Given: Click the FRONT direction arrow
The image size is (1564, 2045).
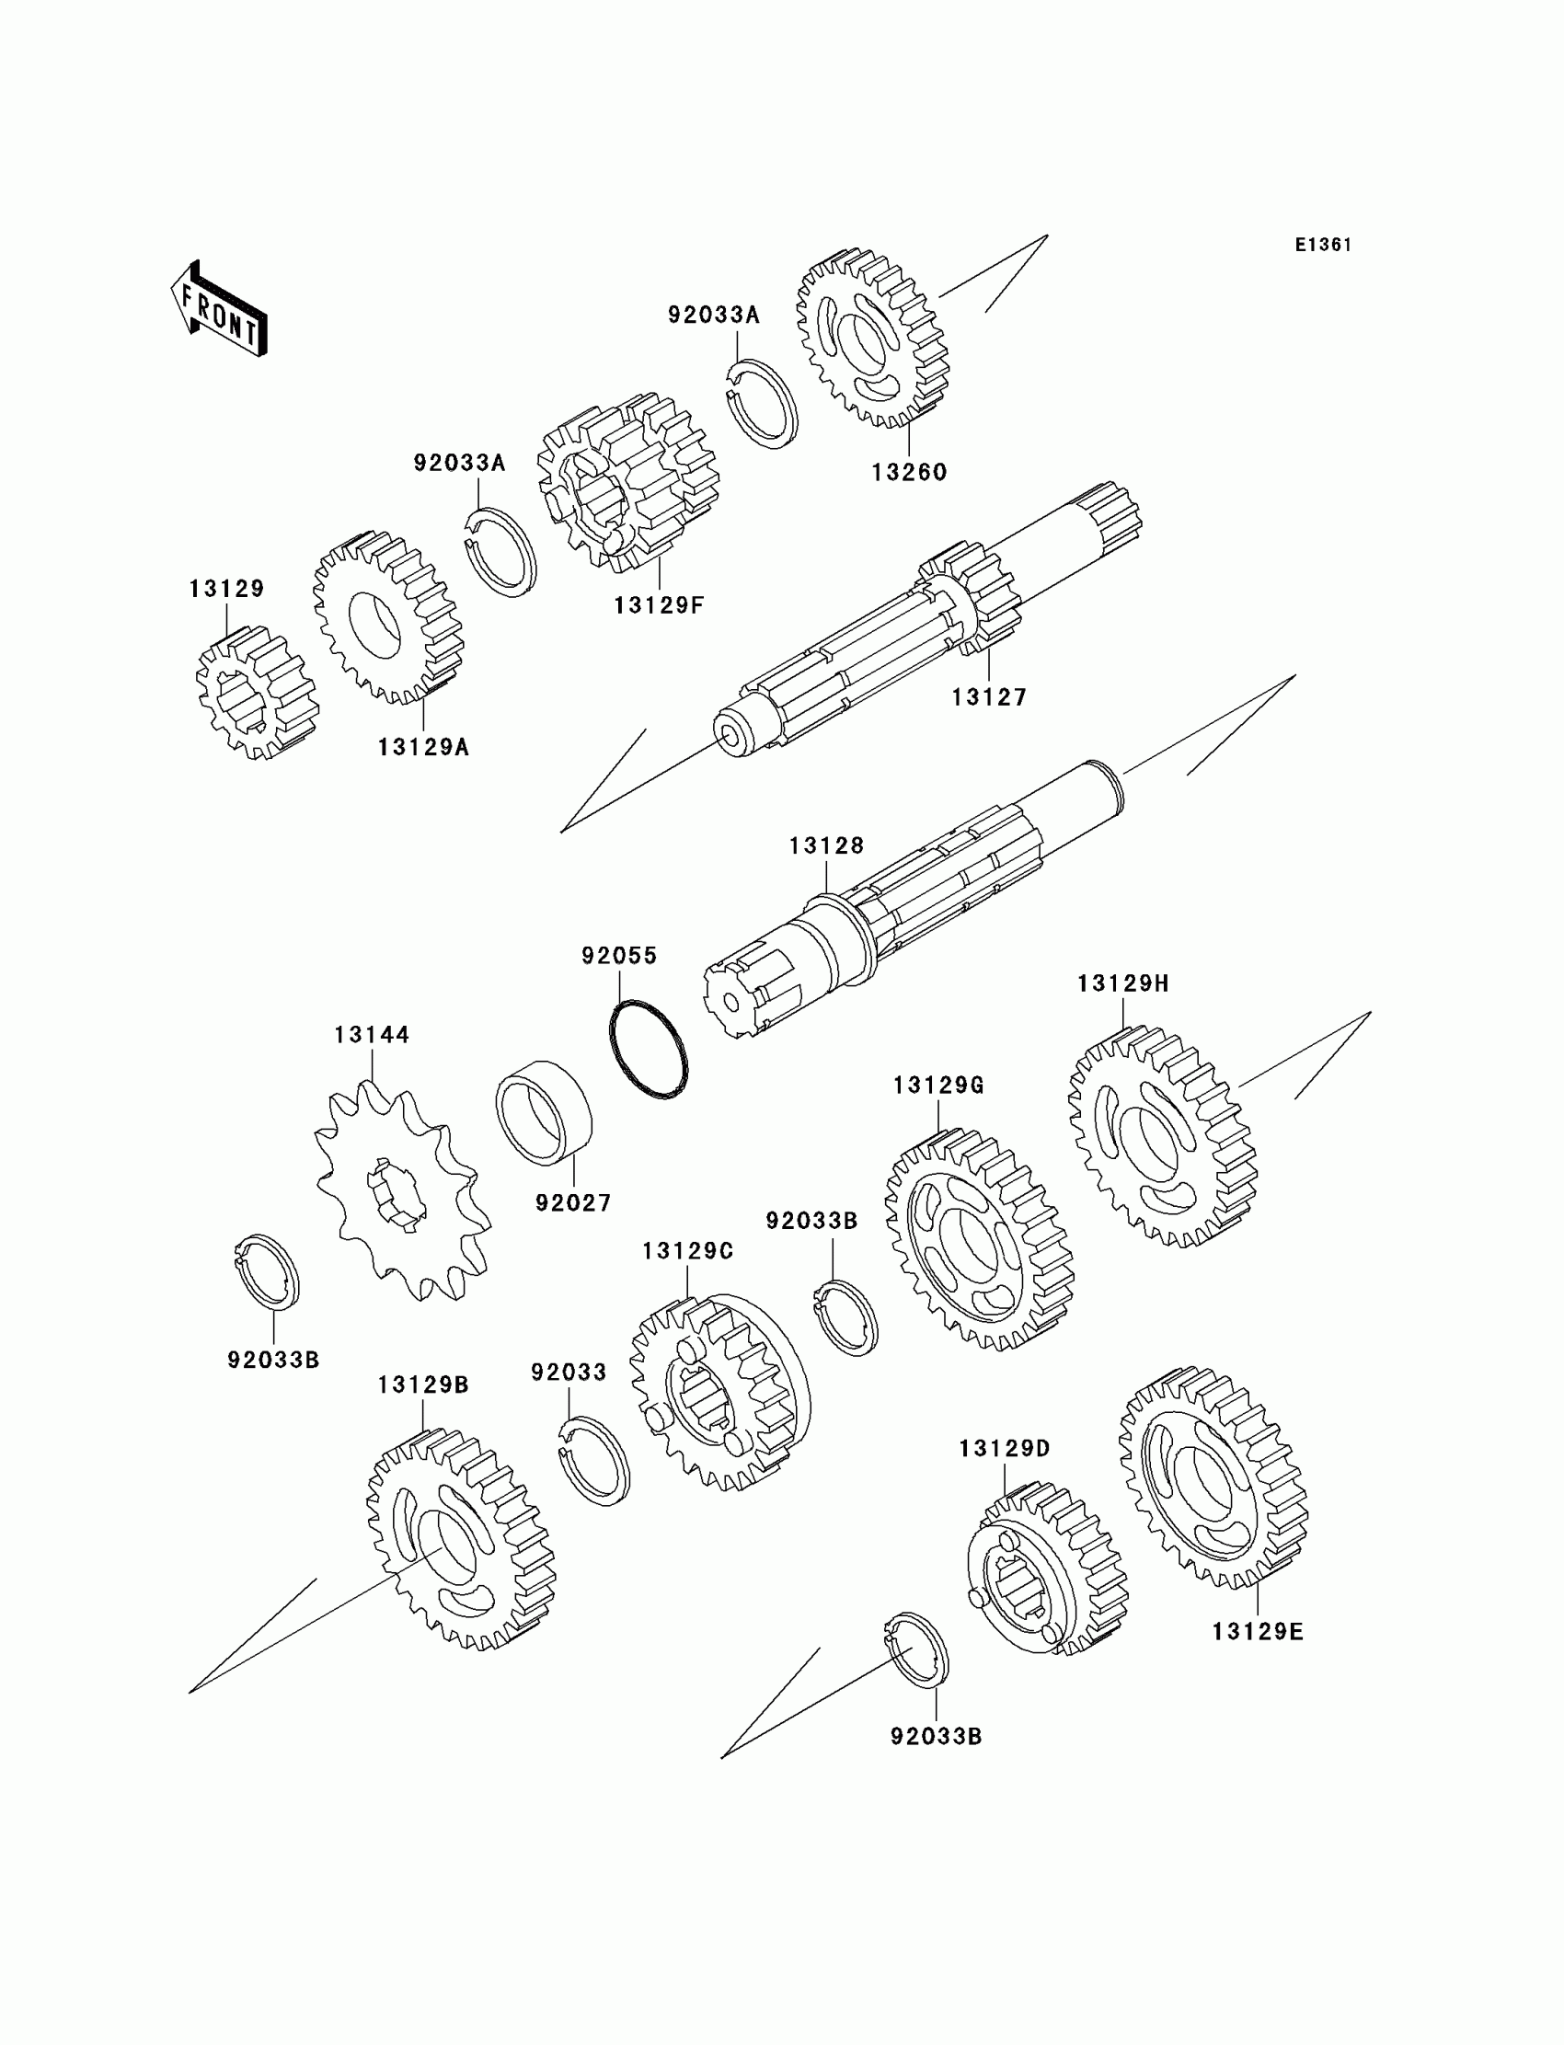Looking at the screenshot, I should coord(220,310).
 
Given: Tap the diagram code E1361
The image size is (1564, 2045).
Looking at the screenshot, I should coord(1322,245).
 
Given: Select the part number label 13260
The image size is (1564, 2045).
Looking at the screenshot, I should coord(909,472).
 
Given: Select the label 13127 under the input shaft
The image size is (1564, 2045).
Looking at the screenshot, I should coord(989,697).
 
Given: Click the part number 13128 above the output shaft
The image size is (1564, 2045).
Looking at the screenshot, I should coord(827,845).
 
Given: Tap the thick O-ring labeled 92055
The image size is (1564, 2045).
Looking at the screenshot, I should coord(649,1049).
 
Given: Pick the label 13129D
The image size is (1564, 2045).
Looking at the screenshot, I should coord(1005,1448).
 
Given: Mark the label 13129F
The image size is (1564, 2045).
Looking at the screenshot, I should coord(658,605).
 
